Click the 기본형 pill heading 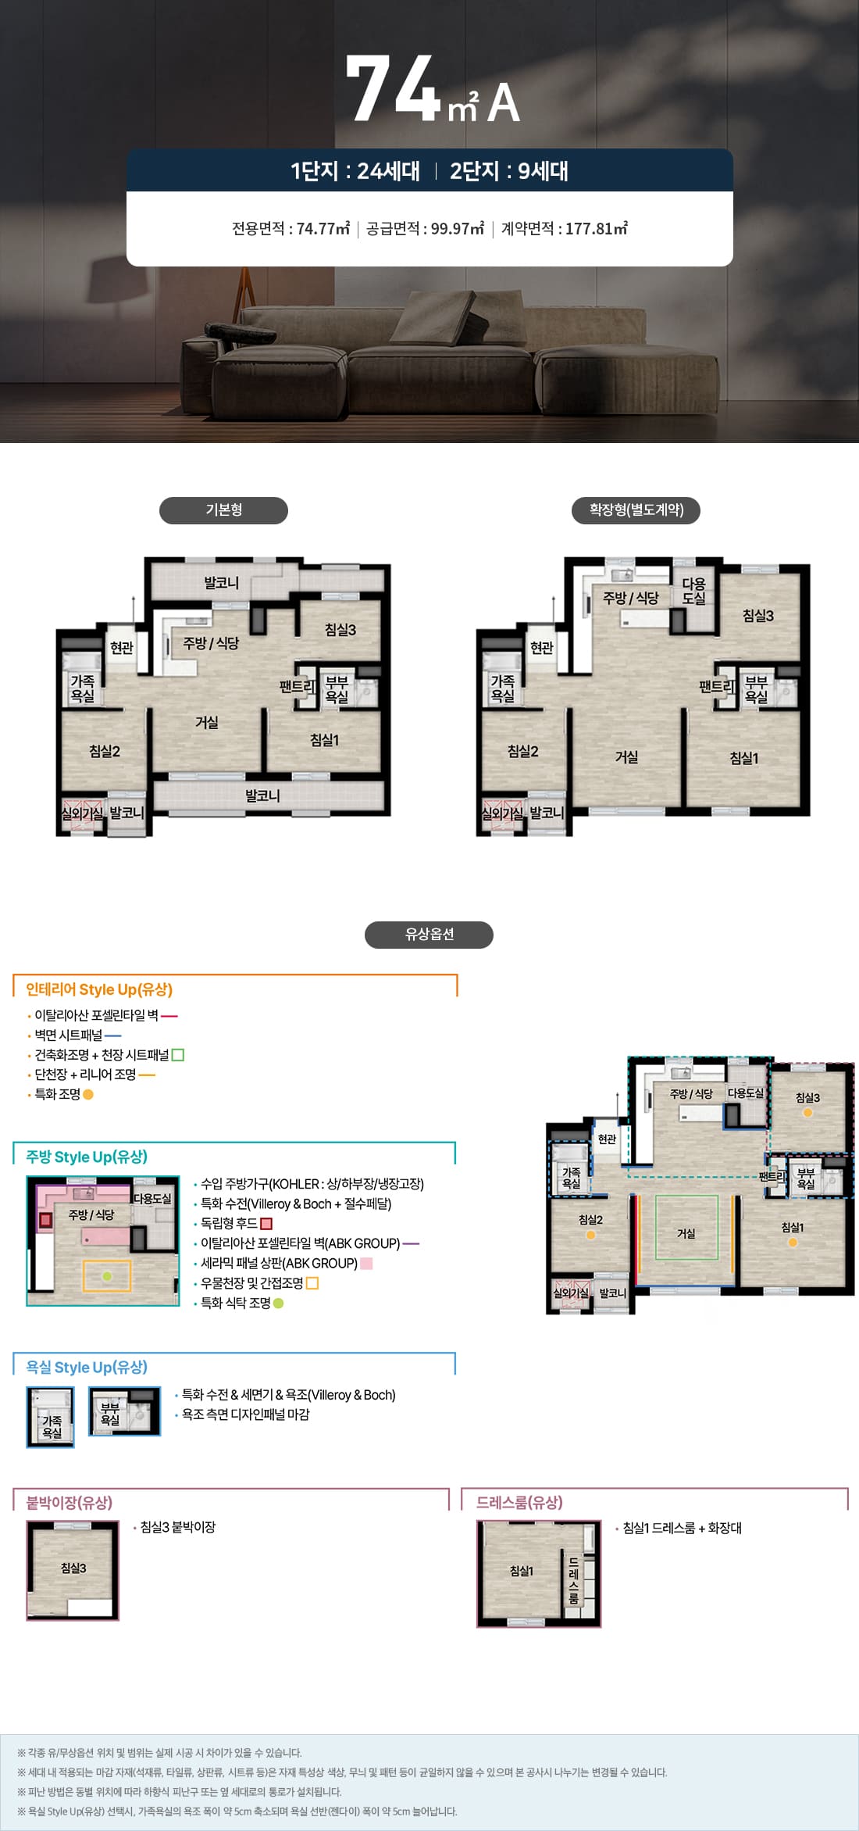tap(223, 510)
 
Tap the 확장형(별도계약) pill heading tap(636, 510)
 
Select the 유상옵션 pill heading tap(429, 935)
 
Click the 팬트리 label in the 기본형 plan tap(298, 687)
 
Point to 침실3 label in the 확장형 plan tap(758, 616)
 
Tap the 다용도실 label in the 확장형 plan tap(693, 591)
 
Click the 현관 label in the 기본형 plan tap(122, 648)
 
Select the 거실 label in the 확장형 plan tap(626, 756)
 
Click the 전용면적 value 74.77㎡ tap(323, 229)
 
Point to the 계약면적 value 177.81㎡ tap(597, 229)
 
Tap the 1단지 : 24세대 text tap(355, 170)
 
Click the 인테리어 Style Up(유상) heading tap(99, 989)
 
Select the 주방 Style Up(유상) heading tap(87, 1157)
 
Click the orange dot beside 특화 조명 tap(88, 1095)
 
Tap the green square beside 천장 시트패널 tap(178, 1055)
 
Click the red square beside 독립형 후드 tap(266, 1224)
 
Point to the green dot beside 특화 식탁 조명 tap(279, 1304)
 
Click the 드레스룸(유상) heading tap(519, 1503)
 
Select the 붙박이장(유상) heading tap(70, 1503)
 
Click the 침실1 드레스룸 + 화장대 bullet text tap(682, 1528)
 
